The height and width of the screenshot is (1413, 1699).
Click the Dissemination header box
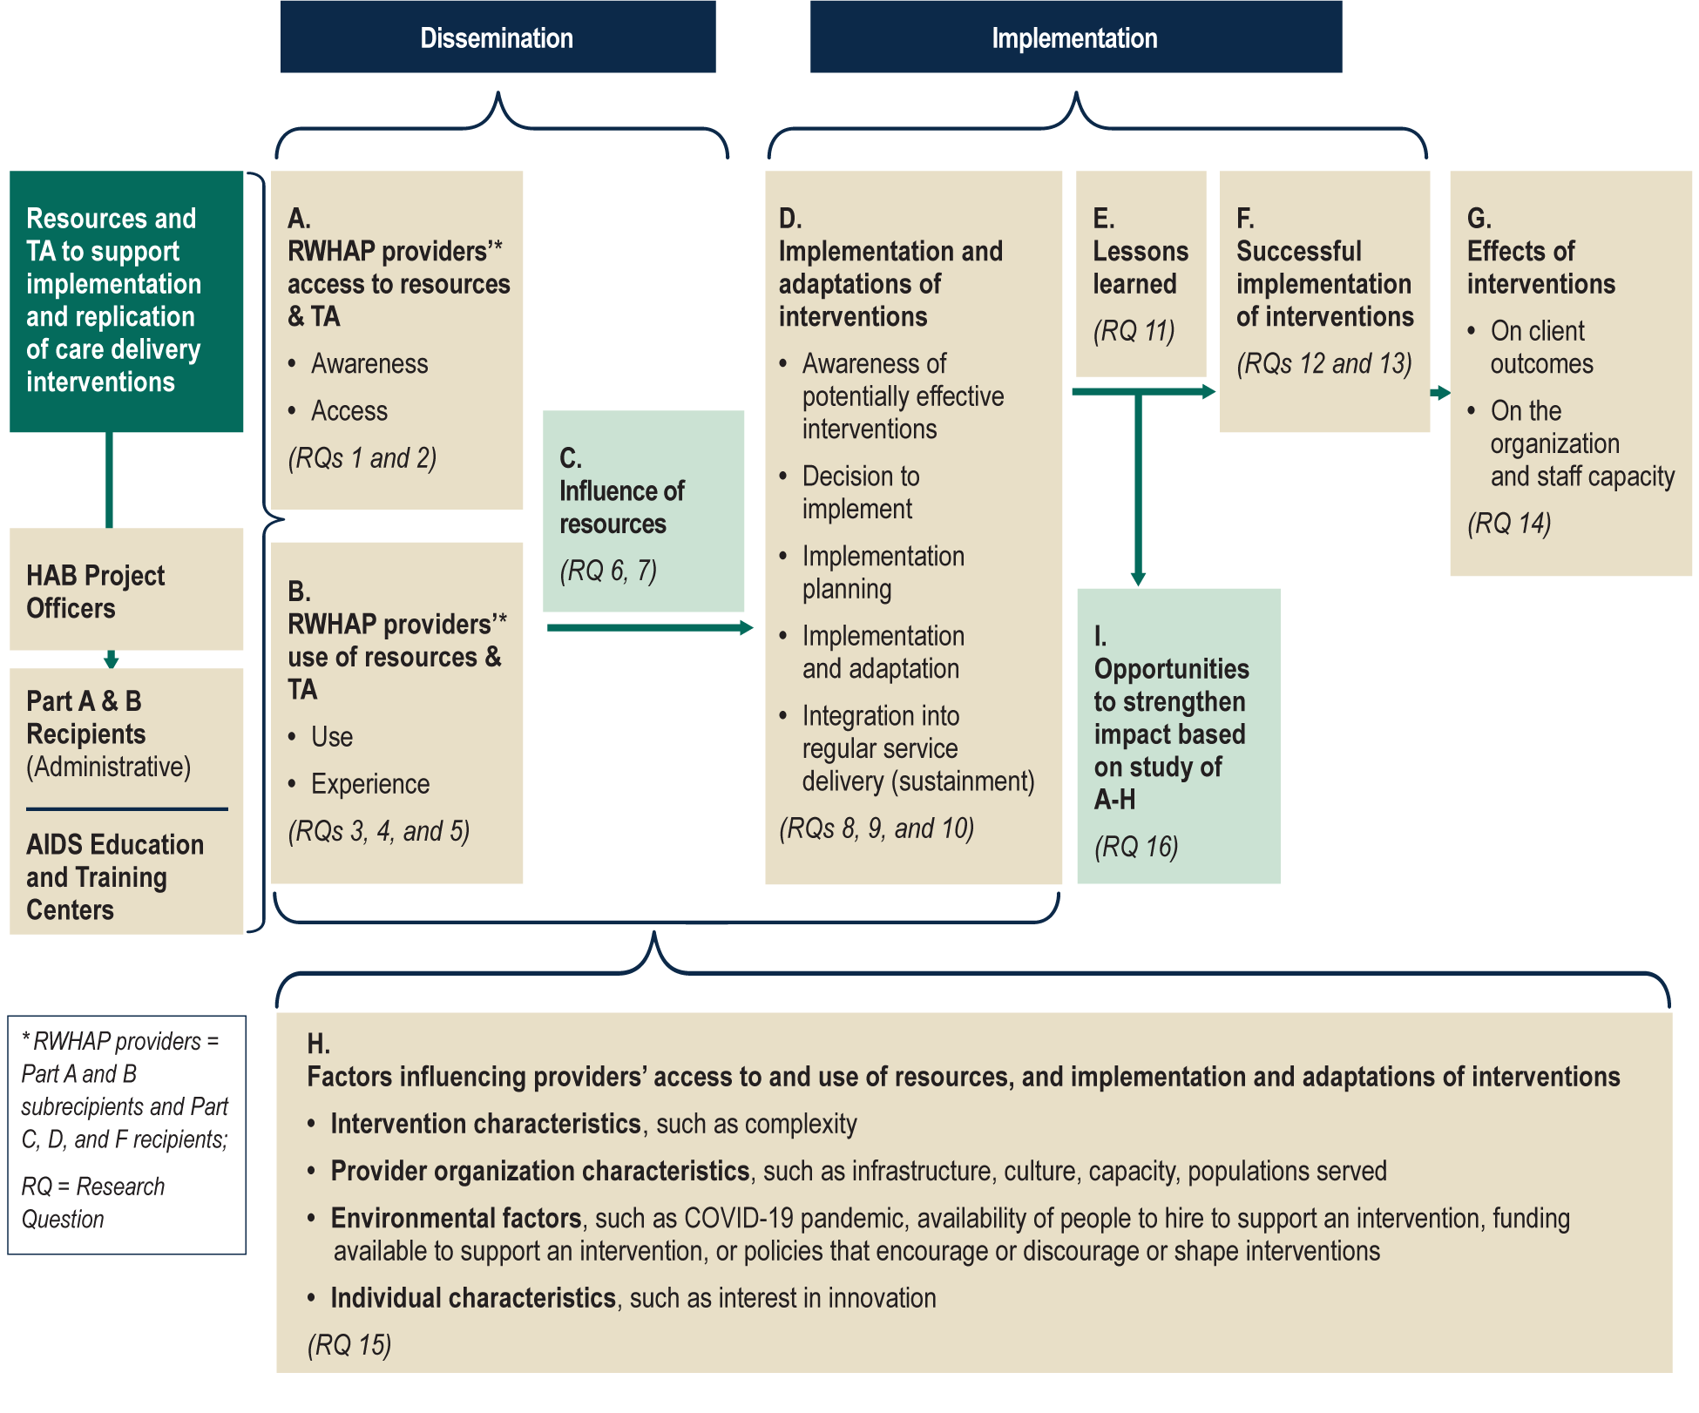tap(498, 37)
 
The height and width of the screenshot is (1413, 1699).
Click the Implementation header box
tap(1075, 37)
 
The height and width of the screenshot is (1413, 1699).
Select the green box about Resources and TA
tap(125, 301)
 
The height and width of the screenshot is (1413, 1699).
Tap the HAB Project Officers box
tap(125, 591)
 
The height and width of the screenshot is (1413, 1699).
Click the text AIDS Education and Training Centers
tap(114, 876)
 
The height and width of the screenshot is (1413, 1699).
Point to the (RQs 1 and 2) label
tap(362, 458)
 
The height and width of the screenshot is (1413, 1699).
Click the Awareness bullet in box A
tap(369, 363)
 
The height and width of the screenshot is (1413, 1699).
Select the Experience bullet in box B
tap(370, 784)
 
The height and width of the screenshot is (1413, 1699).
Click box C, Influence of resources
tap(643, 510)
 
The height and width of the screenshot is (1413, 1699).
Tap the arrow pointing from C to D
tap(649, 627)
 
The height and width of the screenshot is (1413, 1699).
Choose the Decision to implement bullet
tap(860, 492)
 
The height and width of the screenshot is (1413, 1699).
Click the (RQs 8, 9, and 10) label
tap(876, 828)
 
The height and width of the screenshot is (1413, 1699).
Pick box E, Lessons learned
tap(1141, 274)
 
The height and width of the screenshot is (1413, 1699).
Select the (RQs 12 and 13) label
tap(1323, 363)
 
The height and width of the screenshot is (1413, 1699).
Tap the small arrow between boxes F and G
tap(1440, 393)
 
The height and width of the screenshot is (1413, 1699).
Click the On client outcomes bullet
tap(1540, 347)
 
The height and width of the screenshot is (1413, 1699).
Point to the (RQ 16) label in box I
tap(1136, 846)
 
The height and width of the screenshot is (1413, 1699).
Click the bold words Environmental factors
tap(456, 1218)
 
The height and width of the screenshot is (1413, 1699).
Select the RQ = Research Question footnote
tap(92, 1202)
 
